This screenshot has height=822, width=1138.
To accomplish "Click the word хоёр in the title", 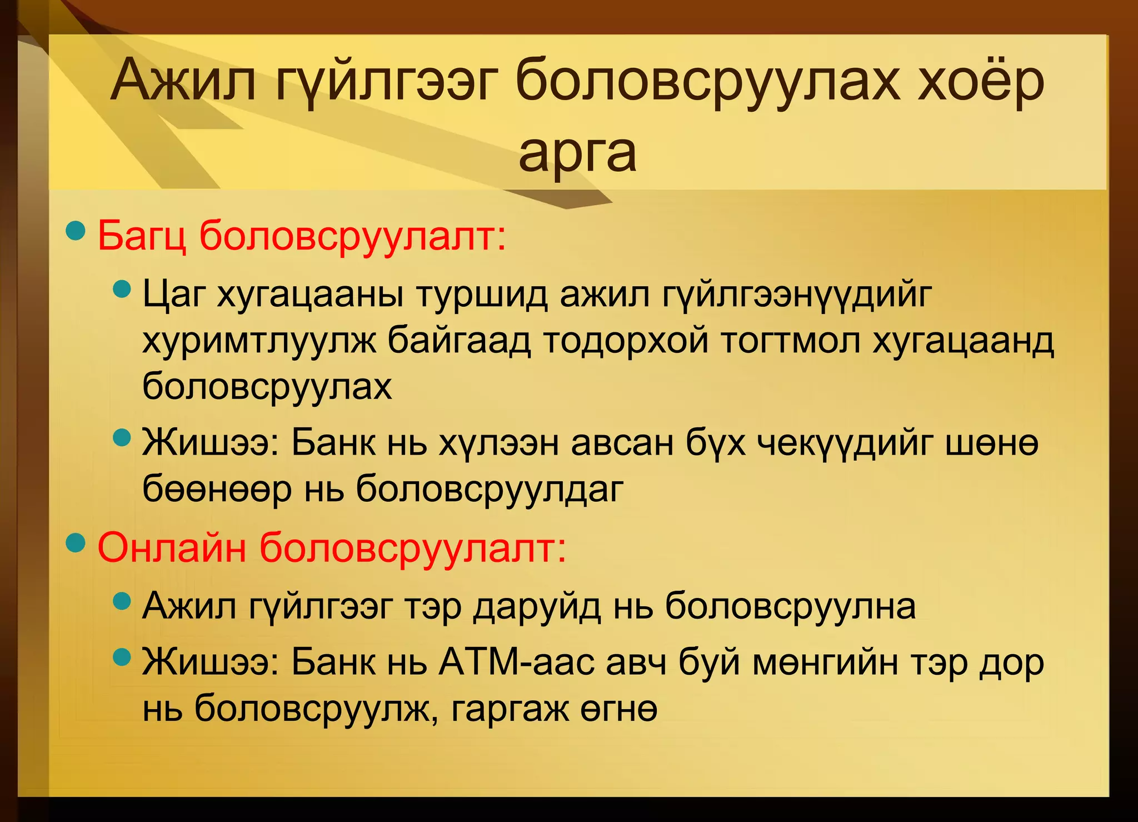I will tap(981, 81).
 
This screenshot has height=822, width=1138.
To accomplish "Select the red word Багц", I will tap(142, 236).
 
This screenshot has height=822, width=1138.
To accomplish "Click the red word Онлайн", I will tap(171, 547).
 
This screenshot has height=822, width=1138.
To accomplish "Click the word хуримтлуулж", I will tap(259, 340).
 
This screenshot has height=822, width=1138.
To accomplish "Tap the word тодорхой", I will tap(626, 340).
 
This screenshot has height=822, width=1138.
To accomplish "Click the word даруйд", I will tap(537, 606).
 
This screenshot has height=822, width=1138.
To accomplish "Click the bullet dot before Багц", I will tap(76, 231).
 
